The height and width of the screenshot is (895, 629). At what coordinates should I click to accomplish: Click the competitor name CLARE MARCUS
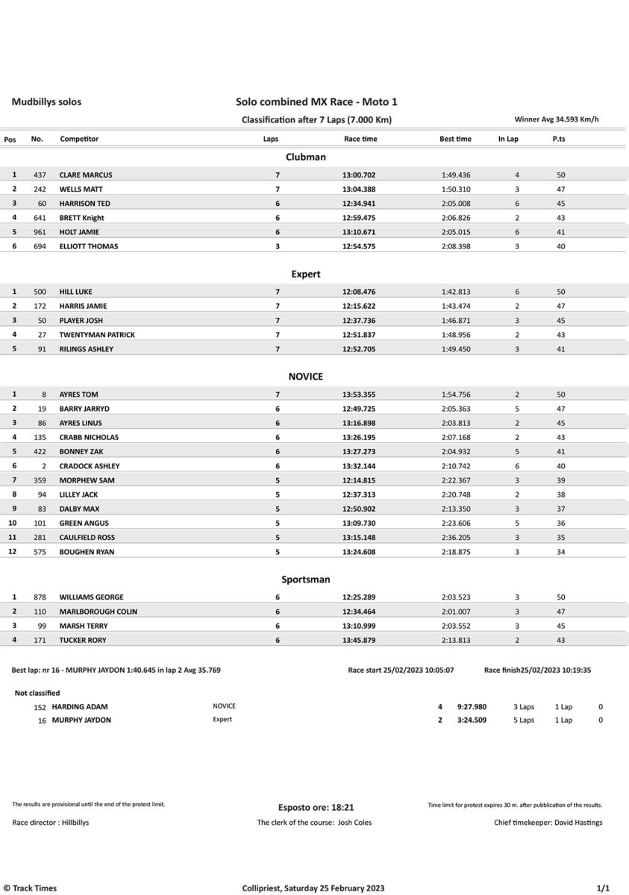pos(86,175)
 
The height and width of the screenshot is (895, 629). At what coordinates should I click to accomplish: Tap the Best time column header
pos(455,139)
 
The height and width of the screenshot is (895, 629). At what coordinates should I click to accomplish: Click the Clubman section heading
pos(306,157)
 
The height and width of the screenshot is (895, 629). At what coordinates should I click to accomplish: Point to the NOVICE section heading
pos(306,377)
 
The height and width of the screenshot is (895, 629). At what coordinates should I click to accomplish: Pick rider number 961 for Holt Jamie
pos(40,232)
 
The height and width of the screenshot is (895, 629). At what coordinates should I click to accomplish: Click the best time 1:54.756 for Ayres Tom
pos(456,395)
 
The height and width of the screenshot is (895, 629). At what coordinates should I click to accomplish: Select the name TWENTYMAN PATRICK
pos(97,335)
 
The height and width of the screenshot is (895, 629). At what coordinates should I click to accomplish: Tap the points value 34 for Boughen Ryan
pos(560,552)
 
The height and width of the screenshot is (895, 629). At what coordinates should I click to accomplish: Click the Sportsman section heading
pos(306,580)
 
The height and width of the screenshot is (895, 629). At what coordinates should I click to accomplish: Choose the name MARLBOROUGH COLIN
pos(98,612)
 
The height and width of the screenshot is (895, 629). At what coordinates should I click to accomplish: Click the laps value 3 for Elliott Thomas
pos(278,246)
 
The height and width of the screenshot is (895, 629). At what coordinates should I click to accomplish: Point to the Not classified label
pos(37,693)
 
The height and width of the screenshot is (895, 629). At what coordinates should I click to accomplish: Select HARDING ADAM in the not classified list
pos(80,706)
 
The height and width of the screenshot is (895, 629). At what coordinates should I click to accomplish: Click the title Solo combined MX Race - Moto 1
pos(321,102)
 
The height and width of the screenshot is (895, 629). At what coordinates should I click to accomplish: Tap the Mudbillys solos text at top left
pos(46,102)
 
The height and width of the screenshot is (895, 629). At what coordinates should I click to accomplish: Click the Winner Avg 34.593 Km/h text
pos(557,119)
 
